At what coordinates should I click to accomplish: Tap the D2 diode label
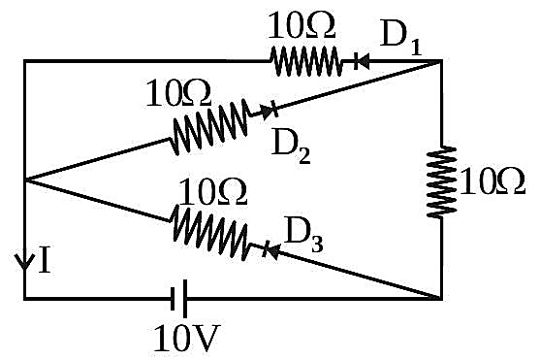point(291,147)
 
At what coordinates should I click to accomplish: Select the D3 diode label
point(304,236)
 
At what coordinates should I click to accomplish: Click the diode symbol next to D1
point(362,62)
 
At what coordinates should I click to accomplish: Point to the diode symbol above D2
point(270,110)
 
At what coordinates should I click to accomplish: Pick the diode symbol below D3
point(270,250)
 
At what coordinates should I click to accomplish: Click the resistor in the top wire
point(305,61)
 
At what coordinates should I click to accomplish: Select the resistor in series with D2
point(209,126)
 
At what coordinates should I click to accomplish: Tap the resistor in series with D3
point(210,232)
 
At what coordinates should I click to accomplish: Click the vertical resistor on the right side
point(441,181)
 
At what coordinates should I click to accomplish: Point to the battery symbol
point(179,298)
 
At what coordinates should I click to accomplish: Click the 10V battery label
point(186,339)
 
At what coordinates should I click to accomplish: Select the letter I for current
point(45,259)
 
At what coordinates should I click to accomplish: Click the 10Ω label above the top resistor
point(301,25)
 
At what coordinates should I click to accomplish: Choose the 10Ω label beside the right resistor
point(492,181)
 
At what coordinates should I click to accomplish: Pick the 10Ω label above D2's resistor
point(178,93)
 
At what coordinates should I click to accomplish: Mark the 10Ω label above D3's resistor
point(212,192)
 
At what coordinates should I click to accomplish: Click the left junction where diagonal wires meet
point(25,180)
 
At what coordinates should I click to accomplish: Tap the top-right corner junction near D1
point(441,61)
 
